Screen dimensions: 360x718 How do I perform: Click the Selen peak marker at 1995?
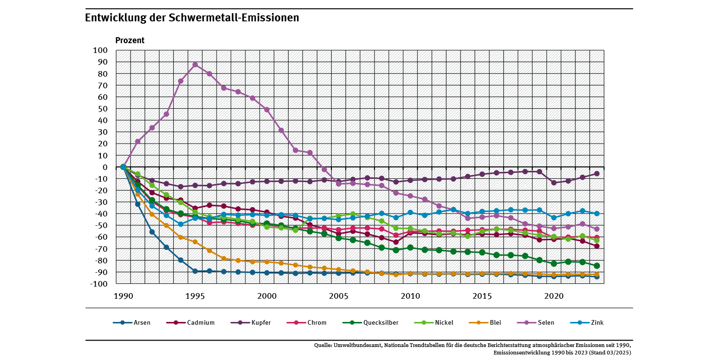click(195, 65)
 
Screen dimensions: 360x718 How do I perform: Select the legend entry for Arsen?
click(141, 322)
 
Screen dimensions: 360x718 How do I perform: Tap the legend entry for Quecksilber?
click(381, 322)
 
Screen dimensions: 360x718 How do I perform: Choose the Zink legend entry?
click(597, 322)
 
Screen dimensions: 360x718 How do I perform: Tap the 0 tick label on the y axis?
click(105, 167)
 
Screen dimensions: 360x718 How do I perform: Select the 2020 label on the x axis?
click(553, 296)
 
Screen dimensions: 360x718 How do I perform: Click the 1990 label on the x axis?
click(123, 296)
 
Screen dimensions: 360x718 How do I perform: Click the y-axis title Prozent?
click(130, 40)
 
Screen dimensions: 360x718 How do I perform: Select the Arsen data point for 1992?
click(152, 232)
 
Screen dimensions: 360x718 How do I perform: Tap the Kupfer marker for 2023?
click(597, 173)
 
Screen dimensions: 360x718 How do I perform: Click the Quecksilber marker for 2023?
click(597, 266)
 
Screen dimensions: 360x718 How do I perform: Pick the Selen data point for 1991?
click(138, 141)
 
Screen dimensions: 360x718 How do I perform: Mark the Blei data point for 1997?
click(224, 259)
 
